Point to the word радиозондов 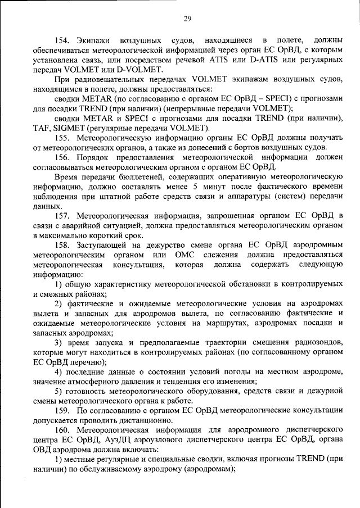(x=317, y=342)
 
